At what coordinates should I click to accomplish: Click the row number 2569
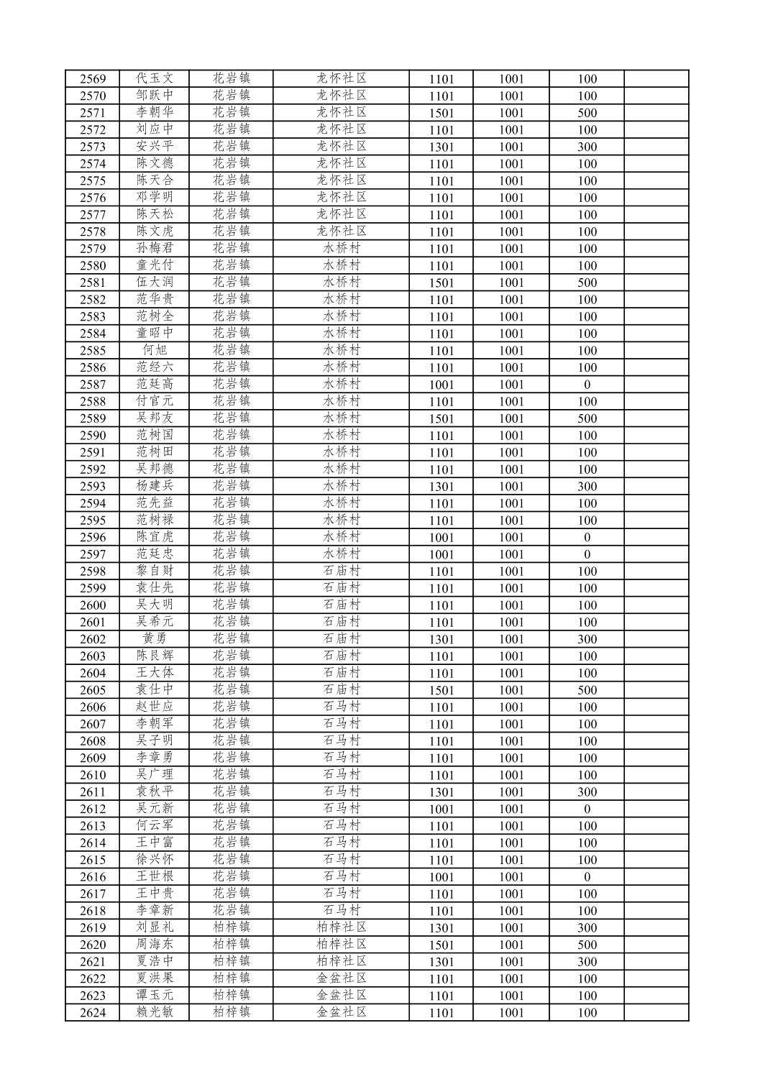[93, 79]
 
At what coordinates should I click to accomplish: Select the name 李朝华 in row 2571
[155, 113]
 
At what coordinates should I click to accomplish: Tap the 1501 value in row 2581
[442, 283]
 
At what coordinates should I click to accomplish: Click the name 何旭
[155, 350]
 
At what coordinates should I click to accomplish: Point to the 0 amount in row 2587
[587, 385]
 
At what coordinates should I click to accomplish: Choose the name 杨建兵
[155, 486]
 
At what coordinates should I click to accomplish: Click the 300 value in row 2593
[587, 487]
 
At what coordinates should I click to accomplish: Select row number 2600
[93, 605]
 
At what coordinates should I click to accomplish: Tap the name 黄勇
[155, 639]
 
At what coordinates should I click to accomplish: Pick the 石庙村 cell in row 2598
[342, 572]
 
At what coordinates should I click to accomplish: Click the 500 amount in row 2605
[587, 690]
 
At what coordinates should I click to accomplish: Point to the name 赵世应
[155, 707]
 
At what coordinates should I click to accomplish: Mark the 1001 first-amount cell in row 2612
[442, 809]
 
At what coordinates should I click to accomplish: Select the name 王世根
[155, 877]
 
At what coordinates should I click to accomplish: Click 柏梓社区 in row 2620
[342, 945]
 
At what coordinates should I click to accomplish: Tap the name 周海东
[155, 945]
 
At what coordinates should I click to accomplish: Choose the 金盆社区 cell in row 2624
[342, 1012]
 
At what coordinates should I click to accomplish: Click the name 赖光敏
[155, 1012]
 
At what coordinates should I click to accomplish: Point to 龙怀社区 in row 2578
[342, 231]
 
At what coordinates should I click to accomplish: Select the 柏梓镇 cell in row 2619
[231, 927]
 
